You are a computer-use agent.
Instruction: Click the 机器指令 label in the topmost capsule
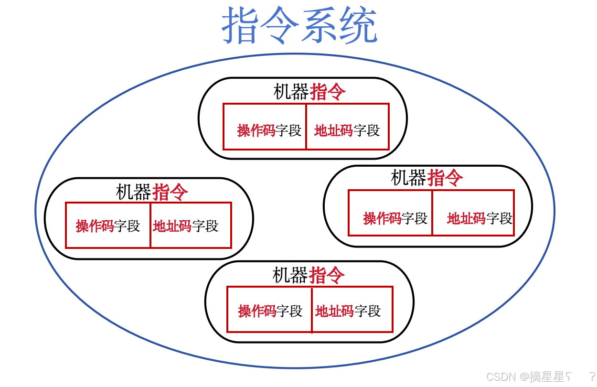[309, 92]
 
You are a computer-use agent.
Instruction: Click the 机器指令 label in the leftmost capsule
[151, 192]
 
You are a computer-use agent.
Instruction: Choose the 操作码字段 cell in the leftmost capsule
[108, 226]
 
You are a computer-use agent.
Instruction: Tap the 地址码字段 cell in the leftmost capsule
[191, 226]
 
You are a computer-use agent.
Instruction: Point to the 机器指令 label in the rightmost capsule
[426, 178]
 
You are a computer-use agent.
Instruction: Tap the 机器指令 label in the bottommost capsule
[308, 275]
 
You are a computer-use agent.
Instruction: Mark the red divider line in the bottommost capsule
[312, 310]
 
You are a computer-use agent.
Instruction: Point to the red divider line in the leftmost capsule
[150, 226]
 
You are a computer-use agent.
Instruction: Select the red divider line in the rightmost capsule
[432, 213]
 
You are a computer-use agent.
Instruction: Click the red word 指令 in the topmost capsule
[328, 92]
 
